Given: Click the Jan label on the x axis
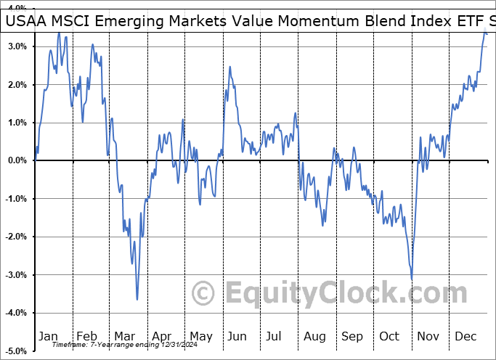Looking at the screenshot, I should [48, 336].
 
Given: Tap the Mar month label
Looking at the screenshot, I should [125, 336].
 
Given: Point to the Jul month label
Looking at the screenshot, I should [275, 336].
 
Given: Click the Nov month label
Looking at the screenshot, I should [429, 336].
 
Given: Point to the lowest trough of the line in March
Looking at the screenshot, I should [137, 299].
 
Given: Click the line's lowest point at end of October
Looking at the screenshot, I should [412, 279].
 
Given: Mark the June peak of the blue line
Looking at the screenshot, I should [230, 67].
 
